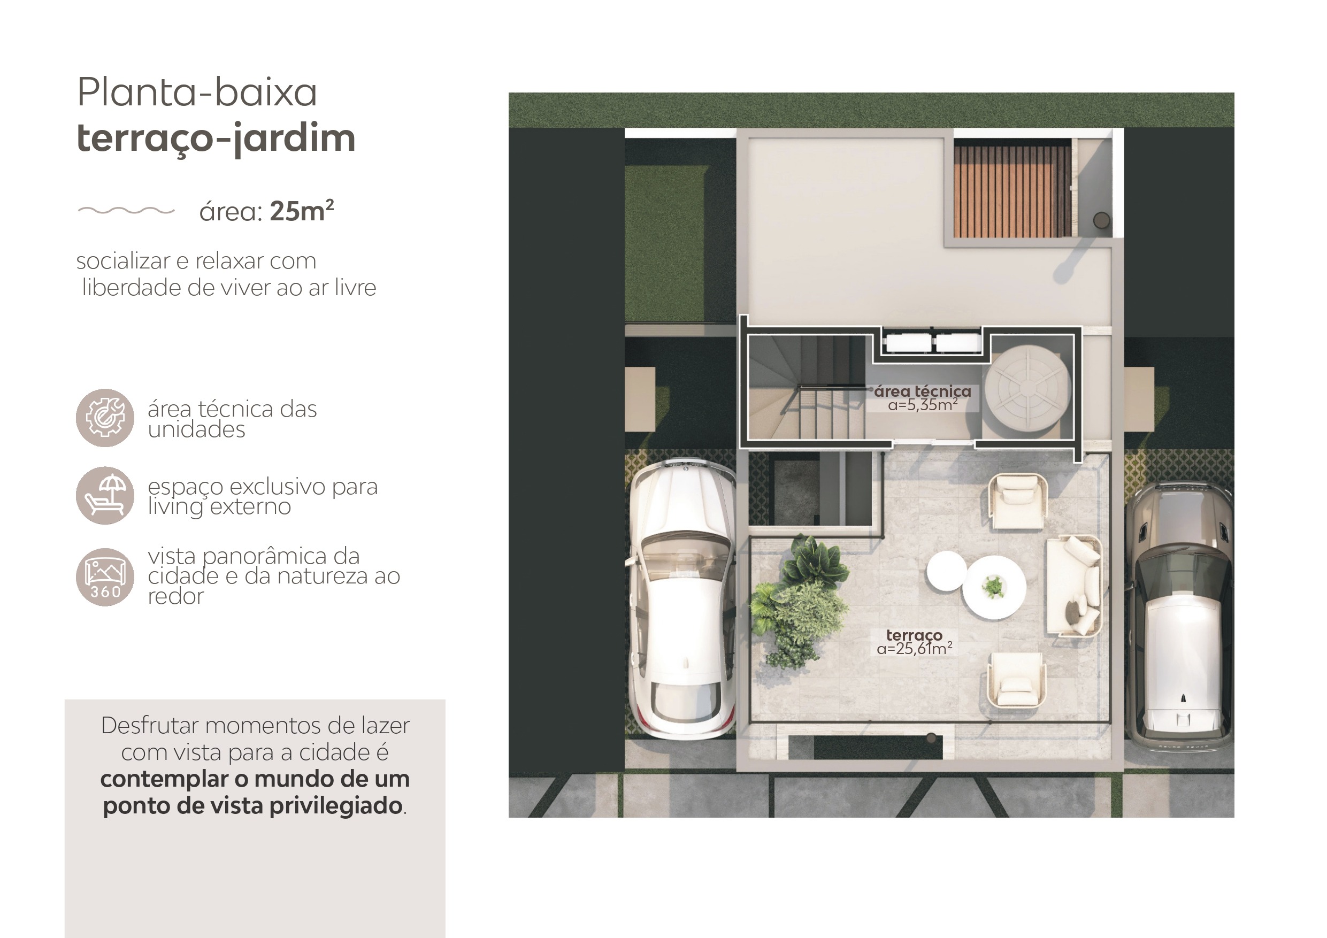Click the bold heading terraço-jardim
(x=216, y=139)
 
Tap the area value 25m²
(x=302, y=211)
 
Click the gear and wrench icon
(x=105, y=417)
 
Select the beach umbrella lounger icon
(x=105, y=495)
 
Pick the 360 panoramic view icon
(x=105, y=577)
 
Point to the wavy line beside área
(x=126, y=210)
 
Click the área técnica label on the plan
(x=923, y=391)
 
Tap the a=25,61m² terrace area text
(x=914, y=649)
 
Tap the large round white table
(x=994, y=587)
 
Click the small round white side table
(x=947, y=571)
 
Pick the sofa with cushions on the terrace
(x=1074, y=586)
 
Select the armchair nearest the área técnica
(x=1018, y=501)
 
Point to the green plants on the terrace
(x=801, y=601)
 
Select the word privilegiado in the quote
(x=336, y=806)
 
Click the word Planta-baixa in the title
(x=197, y=92)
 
